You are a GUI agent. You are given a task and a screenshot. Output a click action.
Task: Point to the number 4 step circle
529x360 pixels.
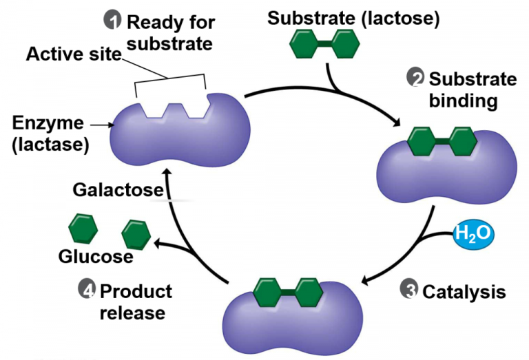(x=86, y=290)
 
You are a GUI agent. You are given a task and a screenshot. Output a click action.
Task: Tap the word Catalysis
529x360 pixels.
(x=464, y=292)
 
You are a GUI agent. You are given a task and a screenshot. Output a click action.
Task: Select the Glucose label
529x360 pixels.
(x=96, y=257)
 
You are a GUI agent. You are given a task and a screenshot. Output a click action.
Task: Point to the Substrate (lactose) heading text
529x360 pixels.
(x=353, y=19)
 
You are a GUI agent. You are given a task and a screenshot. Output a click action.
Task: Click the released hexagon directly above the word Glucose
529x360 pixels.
(x=136, y=235)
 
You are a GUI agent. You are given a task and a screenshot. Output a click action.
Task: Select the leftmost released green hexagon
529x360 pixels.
(x=83, y=228)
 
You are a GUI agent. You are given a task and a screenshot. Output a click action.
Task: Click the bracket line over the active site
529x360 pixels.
(x=169, y=76)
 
